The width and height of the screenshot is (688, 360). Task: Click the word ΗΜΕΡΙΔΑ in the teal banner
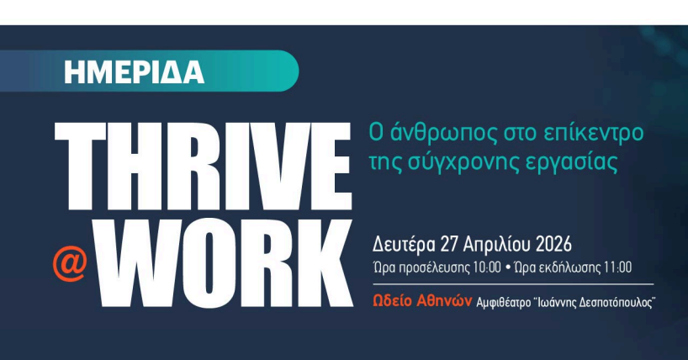135,72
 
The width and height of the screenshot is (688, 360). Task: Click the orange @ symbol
70,263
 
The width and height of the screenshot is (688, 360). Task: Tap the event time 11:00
616,268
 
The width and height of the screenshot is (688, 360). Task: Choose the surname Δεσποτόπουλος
611,300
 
